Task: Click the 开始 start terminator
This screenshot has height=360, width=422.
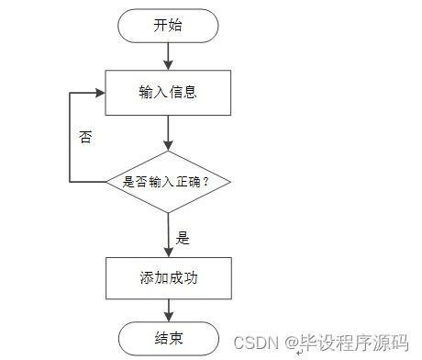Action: (168, 26)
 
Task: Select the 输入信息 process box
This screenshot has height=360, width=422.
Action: (168, 92)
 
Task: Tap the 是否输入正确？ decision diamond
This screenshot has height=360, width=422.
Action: (168, 182)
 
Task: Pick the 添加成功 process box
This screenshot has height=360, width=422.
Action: (168, 277)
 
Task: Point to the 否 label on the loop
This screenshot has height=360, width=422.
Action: (85, 138)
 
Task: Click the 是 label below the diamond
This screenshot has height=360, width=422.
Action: (183, 238)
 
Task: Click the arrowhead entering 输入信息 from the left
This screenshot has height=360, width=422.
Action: (100, 92)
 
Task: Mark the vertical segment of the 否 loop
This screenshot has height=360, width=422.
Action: (70, 138)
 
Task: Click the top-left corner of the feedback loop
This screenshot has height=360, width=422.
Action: (70, 92)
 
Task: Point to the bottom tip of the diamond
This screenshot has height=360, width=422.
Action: (168, 213)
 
